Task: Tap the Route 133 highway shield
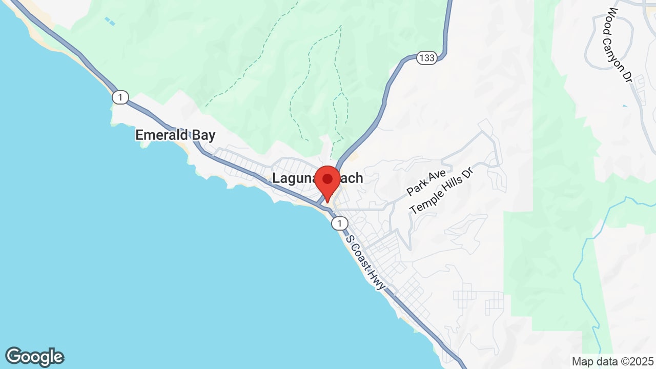click(426, 57)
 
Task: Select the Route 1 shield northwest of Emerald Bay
click(120, 97)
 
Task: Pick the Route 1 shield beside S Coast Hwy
click(339, 223)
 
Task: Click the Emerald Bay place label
click(175, 135)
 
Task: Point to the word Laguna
click(293, 178)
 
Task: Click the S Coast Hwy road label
click(365, 262)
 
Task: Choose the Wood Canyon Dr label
click(620, 44)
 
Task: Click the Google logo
click(34, 357)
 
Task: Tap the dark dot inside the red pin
click(327, 179)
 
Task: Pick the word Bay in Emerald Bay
click(203, 135)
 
